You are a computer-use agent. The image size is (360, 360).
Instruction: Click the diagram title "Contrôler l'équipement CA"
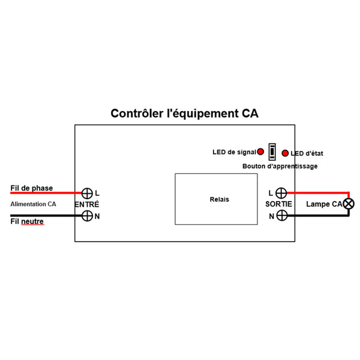[184, 113]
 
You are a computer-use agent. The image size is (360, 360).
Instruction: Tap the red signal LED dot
[260, 152]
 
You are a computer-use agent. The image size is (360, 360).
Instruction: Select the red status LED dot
[285, 153]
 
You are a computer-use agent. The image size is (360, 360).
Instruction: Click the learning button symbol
[272, 152]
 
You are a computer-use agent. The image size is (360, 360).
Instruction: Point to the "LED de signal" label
[234, 152]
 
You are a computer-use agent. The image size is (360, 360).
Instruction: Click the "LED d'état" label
[307, 154]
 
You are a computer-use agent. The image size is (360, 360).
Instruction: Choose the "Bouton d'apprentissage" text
[280, 166]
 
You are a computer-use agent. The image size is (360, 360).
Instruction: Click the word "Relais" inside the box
[219, 199]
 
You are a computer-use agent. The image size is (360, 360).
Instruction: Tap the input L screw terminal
[87, 193]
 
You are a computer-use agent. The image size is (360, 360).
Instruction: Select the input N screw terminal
[87, 216]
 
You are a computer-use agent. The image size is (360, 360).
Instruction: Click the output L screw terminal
[281, 193]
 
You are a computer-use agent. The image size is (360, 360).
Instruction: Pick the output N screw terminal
[282, 215]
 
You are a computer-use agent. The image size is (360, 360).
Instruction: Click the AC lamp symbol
[349, 204]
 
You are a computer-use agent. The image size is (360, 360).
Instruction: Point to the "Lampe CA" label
[324, 204]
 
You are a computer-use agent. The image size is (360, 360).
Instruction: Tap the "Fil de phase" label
[32, 188]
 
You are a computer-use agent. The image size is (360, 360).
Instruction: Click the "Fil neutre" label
[27, 221]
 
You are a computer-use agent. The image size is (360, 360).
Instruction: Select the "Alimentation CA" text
[33, 204]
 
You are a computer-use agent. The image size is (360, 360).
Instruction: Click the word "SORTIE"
[279, 204]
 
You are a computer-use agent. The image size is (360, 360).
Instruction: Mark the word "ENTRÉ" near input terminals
[87, 204]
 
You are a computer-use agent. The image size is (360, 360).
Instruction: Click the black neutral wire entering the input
[46, 215]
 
